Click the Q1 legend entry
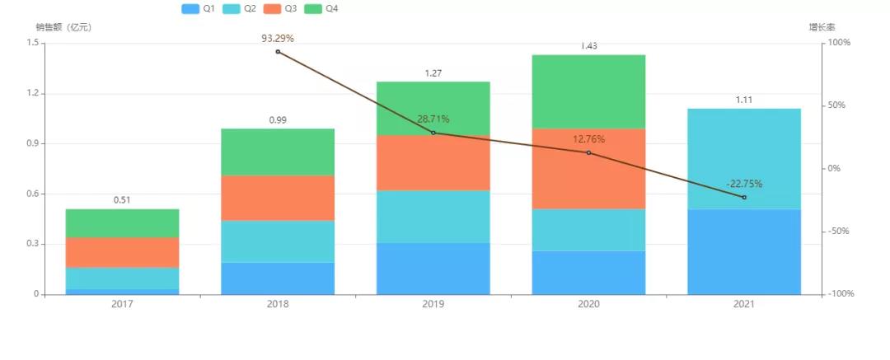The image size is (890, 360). (198, 8)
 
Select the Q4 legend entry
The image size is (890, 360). (321, 8)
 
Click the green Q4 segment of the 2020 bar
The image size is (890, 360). (588, 91)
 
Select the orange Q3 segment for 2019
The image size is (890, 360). (433, 163)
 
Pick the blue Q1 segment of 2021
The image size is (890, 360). (744, 251)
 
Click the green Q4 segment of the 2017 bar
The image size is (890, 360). (122, 223)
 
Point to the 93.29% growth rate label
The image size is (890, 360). (278, 38)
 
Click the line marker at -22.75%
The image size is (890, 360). (744, 198)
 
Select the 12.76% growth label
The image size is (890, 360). (588, 139)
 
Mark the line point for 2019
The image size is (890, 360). (433, 133)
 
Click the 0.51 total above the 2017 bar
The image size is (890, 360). (122, 199)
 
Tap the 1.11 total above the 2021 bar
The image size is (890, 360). (744, 100)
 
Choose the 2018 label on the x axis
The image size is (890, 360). (278, 305)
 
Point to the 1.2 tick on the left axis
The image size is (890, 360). (33, 93)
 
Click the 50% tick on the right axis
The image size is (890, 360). (837, 105)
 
